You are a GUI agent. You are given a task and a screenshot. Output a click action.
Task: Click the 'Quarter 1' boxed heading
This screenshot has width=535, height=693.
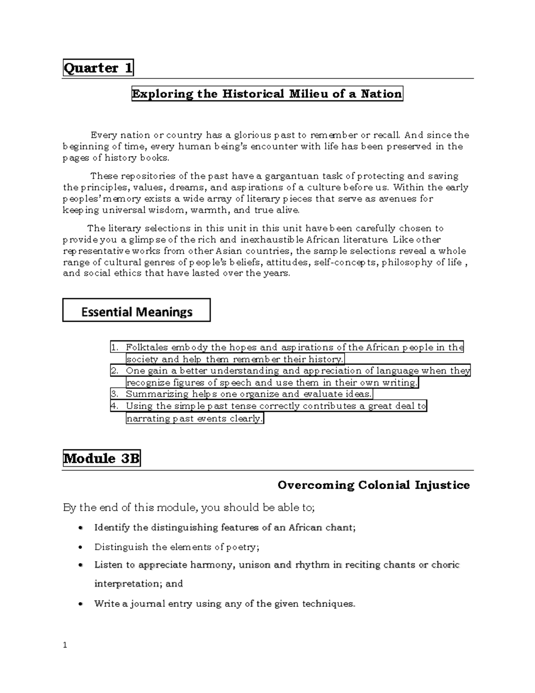(98, 68)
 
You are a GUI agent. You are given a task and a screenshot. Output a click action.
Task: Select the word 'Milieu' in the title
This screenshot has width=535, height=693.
(307, 94)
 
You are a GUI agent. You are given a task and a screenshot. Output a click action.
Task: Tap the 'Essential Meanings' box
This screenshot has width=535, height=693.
(136, 311)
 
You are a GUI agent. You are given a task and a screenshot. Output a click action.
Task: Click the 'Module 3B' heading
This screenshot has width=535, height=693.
(102, 458)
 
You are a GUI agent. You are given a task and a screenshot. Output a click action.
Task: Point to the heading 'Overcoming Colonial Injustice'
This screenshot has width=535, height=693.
(373, 485)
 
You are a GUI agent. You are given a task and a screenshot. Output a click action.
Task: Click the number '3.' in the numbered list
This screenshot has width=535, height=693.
(115, 394)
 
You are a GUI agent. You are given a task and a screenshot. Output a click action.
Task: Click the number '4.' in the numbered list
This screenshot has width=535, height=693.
(115, 406)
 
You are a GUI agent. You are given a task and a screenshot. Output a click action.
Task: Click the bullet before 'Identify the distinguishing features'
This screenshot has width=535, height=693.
(80, 528)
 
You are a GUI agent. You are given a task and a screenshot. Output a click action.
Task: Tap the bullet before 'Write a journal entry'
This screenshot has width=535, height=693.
(80, 604)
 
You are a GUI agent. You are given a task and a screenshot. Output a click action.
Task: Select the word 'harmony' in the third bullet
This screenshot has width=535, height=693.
(211, 565)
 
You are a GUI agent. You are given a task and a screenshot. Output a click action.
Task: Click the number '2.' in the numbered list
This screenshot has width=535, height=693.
(115, 371)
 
